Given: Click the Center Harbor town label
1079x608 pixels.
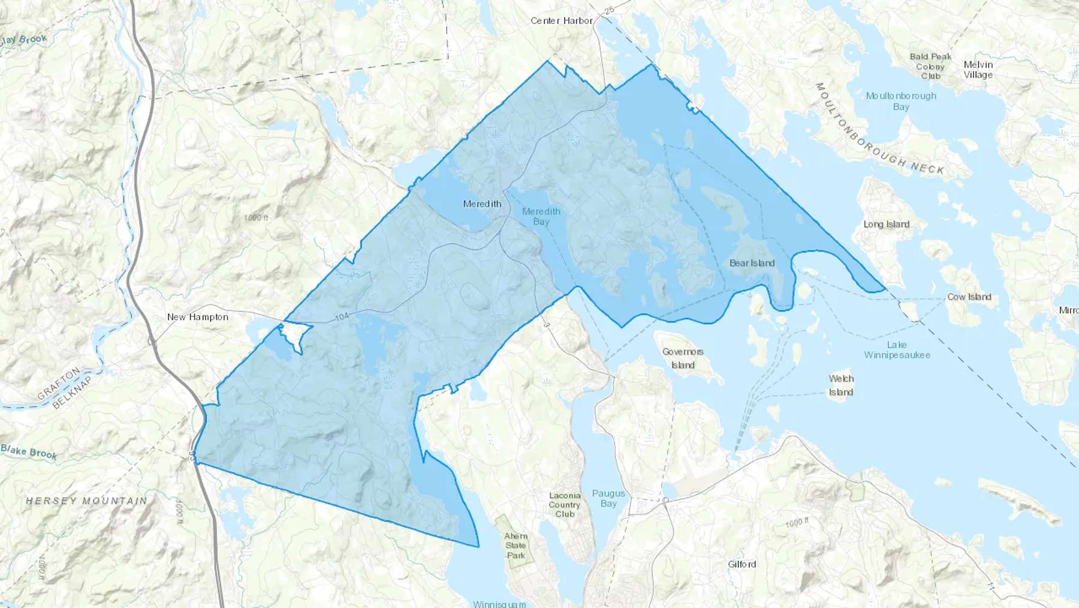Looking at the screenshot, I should pos(561,20).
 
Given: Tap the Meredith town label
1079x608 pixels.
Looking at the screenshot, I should pos(482,204).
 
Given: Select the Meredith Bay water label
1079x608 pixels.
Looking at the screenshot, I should pos(541,216).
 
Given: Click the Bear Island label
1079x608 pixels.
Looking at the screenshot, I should pos(752,263).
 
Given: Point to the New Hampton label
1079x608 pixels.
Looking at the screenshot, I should pos(197,317).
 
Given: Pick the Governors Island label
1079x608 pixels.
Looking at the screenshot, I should pos(683,358).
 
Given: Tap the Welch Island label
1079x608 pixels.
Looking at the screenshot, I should pos(841,385).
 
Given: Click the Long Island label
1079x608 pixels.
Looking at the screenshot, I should pos(886,224).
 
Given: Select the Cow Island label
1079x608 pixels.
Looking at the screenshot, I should pos(969,297).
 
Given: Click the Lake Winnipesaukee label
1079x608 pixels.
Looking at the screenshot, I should pos(897,350).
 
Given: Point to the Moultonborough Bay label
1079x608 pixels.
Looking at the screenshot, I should pos(901,101).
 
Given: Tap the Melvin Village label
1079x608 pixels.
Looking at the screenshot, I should pos(978,70).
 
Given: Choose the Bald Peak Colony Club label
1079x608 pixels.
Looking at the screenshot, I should pos(930,66).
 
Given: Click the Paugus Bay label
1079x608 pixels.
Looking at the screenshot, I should pos(608,498).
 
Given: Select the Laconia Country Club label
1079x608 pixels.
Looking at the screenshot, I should pos(565,505).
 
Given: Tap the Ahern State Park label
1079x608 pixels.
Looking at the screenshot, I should pos(516,545).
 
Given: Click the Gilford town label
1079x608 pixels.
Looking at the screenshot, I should pos(742,564).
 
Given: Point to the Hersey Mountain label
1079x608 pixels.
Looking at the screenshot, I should pos(86,501).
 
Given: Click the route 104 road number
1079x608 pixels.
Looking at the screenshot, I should pos(342,316).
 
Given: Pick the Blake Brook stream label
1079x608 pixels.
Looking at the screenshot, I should pos(29,451).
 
